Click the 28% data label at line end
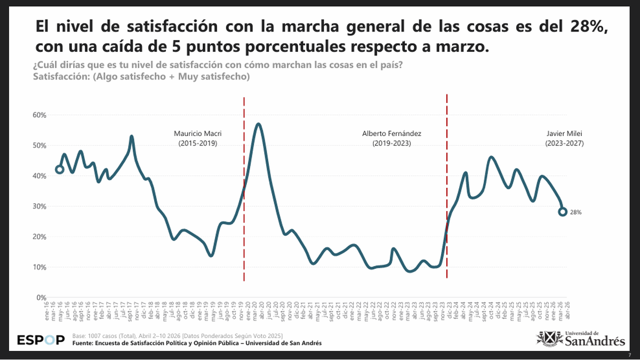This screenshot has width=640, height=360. coord(575,212)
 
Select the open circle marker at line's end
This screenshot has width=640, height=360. coord(563,212)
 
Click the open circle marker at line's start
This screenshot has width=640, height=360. coord(59,170)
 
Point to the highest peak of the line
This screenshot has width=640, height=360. coord(259,124)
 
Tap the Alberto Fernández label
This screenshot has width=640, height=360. coord(391,138)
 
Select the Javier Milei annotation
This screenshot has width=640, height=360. coord(564,138)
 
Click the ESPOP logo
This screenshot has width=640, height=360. coord(41,340)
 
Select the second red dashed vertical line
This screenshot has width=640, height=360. coord(446,187)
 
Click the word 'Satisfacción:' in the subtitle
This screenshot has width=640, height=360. coord(59,77)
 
